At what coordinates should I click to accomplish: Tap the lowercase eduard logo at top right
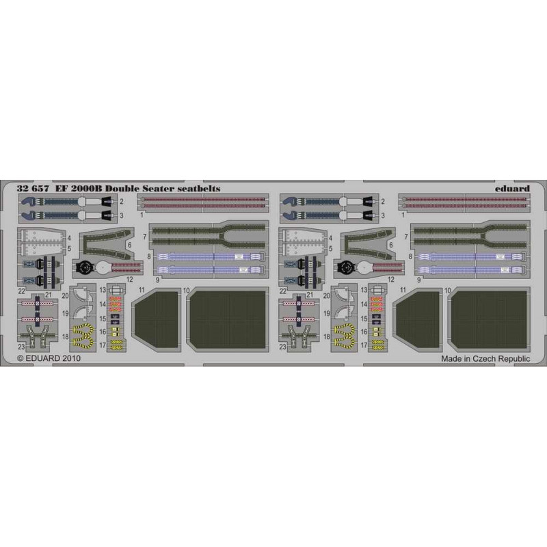pos(512,189)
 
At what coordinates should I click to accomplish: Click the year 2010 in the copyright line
pos(72,358)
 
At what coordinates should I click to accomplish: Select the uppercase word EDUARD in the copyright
pos(43,358)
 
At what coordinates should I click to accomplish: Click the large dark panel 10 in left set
pos(228,319)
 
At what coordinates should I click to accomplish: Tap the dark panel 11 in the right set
pos(418,320)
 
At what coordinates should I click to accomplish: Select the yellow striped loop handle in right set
pos(344,334)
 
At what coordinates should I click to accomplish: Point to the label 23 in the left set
pos(21,347)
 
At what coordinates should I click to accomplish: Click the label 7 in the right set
pos(405,237)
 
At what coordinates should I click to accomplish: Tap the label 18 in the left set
pos(66,337)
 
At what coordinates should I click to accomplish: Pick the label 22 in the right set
pos(282,291)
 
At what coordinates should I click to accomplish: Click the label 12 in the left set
pos(129,280)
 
